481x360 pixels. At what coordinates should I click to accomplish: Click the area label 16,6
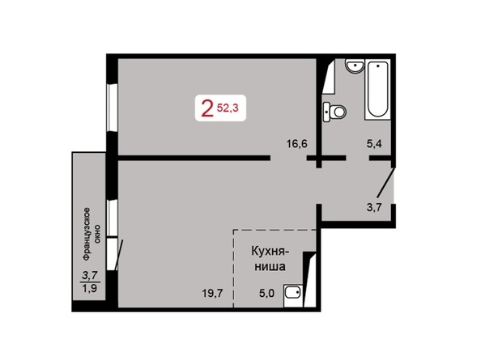[297, 143]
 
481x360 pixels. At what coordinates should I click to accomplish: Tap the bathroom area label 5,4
[374, 143]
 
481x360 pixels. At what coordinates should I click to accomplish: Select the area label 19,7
[212, 294]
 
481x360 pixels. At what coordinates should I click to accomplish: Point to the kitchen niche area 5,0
[267, 294]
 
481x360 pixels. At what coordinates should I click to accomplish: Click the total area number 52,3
[228, 108]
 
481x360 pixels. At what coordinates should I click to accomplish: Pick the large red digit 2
[207, 109]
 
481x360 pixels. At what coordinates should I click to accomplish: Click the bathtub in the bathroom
[377, 91]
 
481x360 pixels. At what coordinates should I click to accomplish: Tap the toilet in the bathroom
[334, 112]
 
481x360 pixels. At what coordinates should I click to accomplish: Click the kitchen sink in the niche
[293, 295]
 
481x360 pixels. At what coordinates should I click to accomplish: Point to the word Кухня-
[270, 252]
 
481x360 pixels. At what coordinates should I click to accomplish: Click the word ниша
[270, 266]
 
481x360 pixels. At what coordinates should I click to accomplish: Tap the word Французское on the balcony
[87, 234]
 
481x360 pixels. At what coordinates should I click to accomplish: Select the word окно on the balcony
[97, 234]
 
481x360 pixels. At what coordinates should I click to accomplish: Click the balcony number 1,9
[90, 288]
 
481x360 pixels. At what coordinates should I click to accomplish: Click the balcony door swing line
[119, 255]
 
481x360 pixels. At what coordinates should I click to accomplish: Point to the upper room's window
[112, 108]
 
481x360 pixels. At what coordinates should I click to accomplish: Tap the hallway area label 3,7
[374, 207]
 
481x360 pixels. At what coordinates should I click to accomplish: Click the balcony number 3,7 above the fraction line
[90, 276]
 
